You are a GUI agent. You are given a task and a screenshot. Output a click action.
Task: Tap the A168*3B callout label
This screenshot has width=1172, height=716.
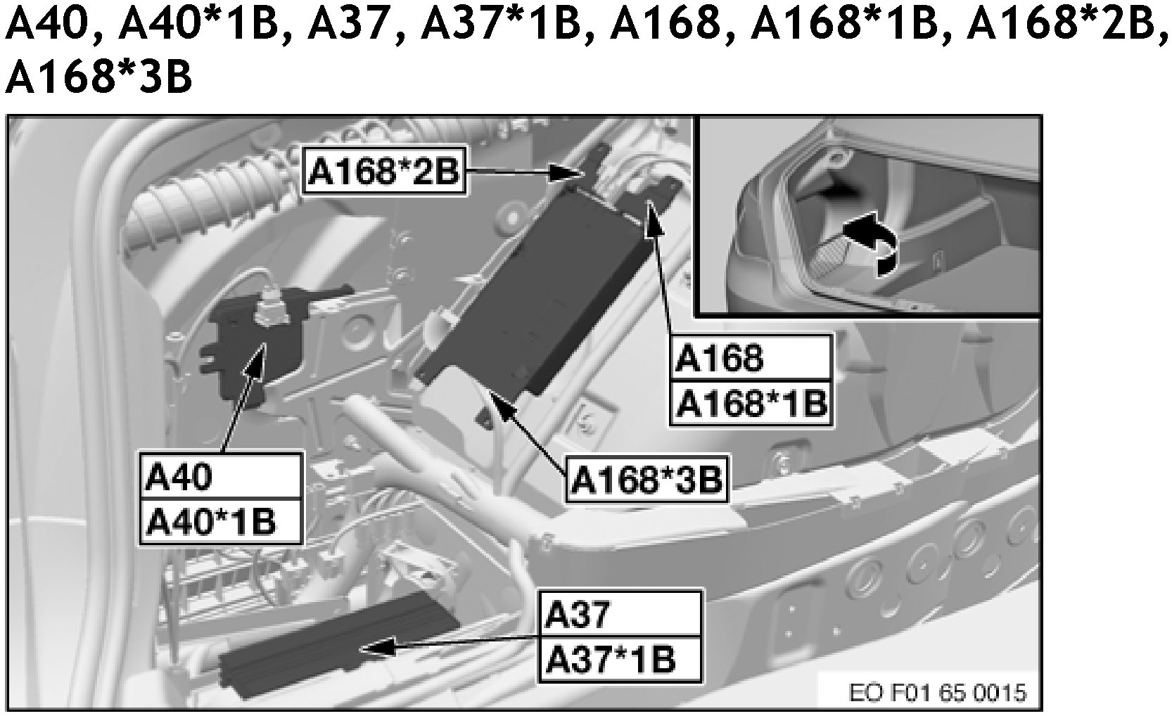tap(646, 480)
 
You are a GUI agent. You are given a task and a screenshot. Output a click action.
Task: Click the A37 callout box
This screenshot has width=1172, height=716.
tap(620, 614)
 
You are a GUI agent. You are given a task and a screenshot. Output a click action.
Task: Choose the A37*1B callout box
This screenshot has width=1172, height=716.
tap(620, 660)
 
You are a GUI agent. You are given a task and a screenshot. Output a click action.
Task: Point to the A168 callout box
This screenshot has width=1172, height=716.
tap(750, 358)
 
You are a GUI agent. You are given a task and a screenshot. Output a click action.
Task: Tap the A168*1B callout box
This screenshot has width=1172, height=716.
tap(750, 403)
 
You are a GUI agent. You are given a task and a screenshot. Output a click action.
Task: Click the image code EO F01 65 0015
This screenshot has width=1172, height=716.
tap(938, 693)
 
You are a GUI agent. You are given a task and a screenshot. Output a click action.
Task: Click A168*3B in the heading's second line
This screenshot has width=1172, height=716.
tap(98, 77)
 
